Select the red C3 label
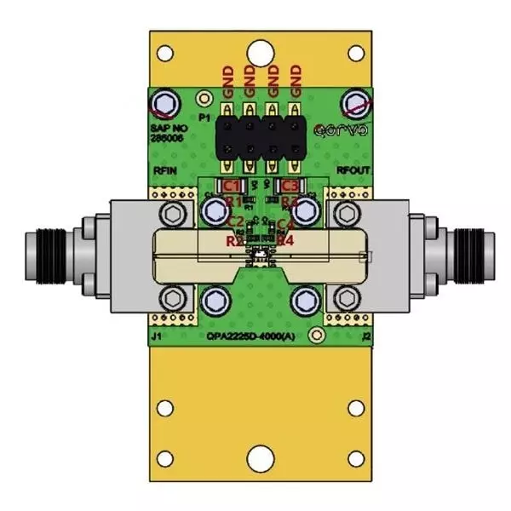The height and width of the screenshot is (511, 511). tap(290, 186)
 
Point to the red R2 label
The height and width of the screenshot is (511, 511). tap(235, 241)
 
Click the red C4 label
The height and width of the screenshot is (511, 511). tap(286, 225)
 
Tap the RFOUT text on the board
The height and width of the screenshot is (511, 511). tap(352, 171)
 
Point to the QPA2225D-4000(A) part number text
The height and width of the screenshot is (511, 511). tap(255, 336)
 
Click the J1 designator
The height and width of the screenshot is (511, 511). tap(157, 336)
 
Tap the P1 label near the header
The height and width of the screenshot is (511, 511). tap(204, 117)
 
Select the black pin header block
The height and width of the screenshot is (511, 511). tap(261, 136)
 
